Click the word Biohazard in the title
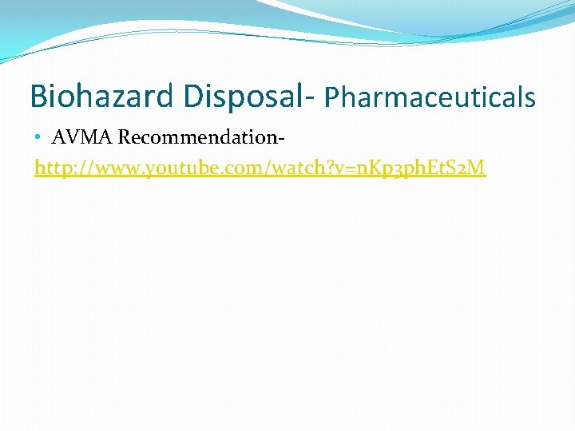click(102, 97)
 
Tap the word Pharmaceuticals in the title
click(430, 97)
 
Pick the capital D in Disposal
click(192, 97)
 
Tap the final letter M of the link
click(477, 168)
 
